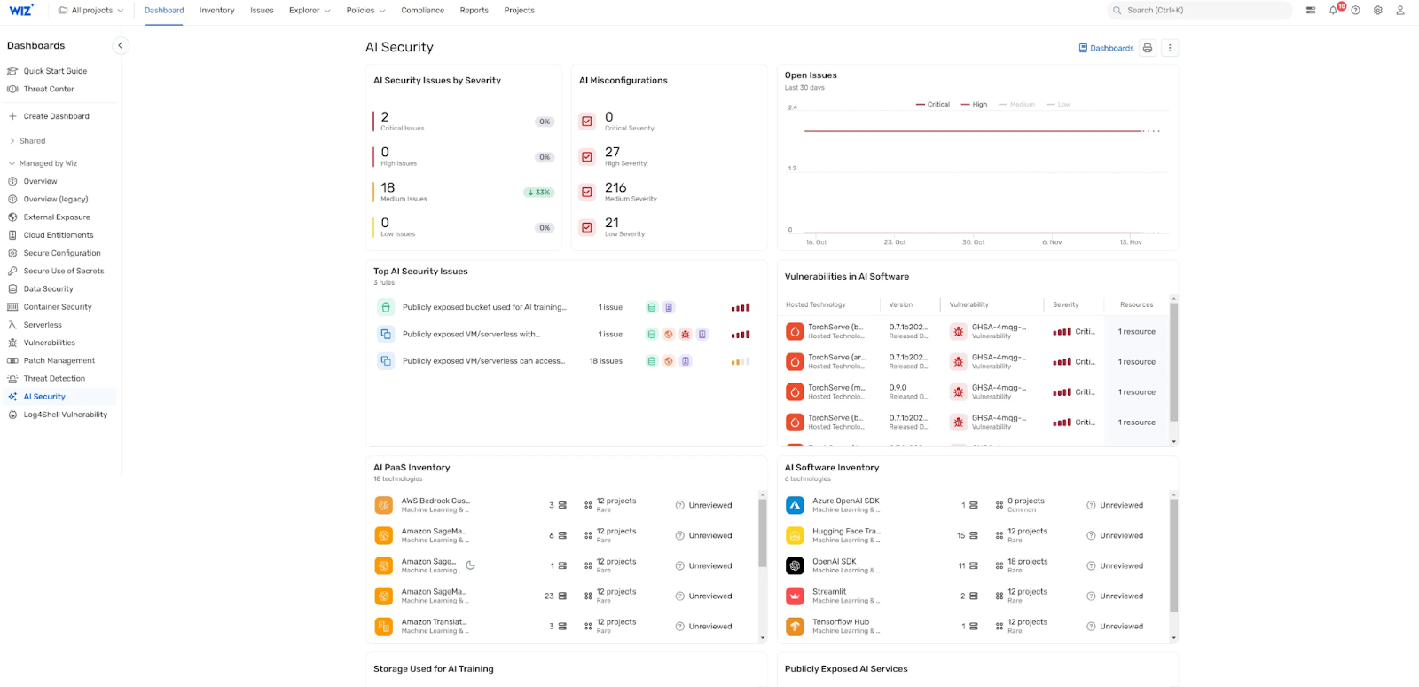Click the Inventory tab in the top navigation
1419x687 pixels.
(x=216, y=11)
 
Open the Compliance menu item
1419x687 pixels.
(x=422, y=11)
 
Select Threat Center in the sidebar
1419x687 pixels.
(x=49, y=89)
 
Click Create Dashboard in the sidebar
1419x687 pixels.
(x=56, y=116)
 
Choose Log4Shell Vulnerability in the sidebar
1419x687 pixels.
(x=65, y=415)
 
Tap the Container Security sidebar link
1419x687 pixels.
(x=58, y=307)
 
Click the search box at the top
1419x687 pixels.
(x=1202, y=11)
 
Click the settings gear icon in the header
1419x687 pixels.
(x=1377, y=11)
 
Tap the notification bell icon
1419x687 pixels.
(x=1333, y=11)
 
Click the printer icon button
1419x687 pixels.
(x=1148, y=48)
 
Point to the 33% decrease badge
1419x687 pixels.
(x=538, y=193)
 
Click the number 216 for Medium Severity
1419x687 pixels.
(x=615, y=188)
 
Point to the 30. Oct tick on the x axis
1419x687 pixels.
(x=973, y=242)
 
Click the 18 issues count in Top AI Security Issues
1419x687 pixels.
(x=606, y=361)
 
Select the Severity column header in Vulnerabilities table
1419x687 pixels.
(x=1065, y=304)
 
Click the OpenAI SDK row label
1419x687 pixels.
(x=835, y=562)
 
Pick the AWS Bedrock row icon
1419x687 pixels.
(x=384, y=505)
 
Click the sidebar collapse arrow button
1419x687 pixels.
(x=121, y=45)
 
